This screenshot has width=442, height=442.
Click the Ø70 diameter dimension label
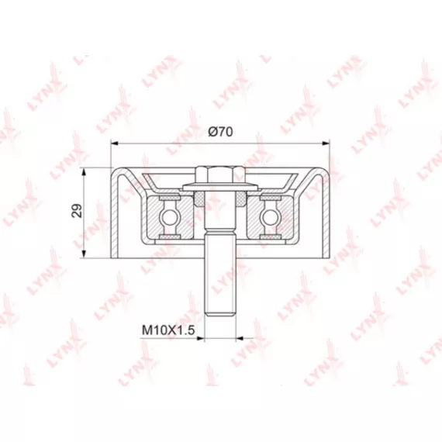click(x=220, y=132)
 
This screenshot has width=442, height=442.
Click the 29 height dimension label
click(x=77, y=210)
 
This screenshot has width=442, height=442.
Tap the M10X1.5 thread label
click(x=168, y=330)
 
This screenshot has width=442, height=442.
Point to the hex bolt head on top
click(x=220, y=174)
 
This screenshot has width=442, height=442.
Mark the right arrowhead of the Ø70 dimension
click(x=326, y=143)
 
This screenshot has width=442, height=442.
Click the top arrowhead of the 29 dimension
click(x=84, y=171)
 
